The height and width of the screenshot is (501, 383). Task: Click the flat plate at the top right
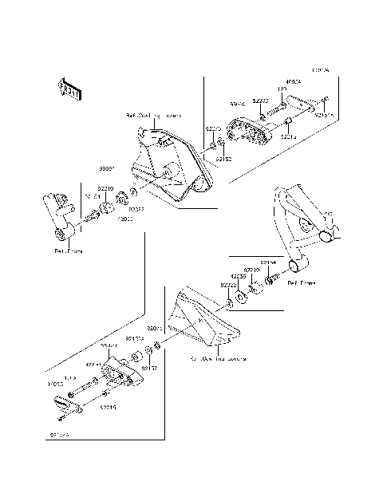[x=304, y=102]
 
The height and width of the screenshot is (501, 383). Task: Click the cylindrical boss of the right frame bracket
[x=298, y=266]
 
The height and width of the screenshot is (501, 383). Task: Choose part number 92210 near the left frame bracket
[x=105, y=188]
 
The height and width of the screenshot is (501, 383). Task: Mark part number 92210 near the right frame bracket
[x=253, y=270]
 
